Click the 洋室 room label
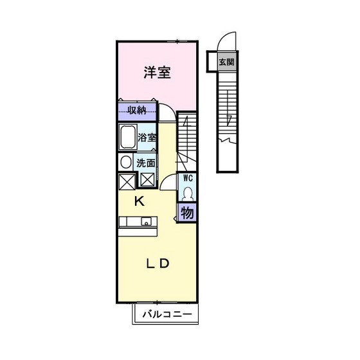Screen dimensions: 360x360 (156, 73)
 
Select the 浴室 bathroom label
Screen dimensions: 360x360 (147, 137)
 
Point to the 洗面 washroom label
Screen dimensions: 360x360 (145, 162)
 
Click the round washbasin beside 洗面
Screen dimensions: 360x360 (126, 162)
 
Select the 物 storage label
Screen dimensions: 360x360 (187, 212)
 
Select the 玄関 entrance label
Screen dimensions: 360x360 (226, 63)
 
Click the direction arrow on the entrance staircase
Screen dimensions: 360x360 (228, 119)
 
